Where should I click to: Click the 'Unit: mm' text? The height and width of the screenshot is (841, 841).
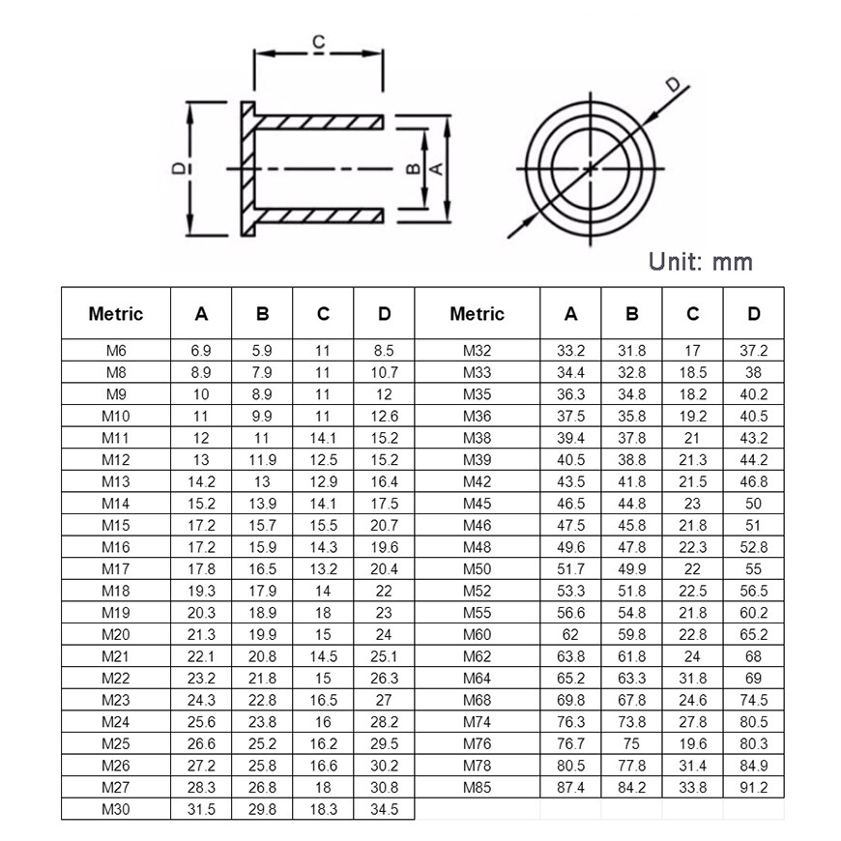click(x=701, y=261)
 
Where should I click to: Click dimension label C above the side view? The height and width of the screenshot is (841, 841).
click(x=318, y=43)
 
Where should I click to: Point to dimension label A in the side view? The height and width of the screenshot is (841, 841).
click(x=436, y=168)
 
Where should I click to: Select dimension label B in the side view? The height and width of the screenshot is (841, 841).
click(x=412, y=168)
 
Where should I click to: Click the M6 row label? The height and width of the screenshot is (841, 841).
click(x=115, y=351)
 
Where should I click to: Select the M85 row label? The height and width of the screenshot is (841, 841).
click(x=477, y=787)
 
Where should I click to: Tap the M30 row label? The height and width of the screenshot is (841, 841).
click(x=115, y=809)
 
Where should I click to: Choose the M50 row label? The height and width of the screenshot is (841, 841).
click(x=477, y=569)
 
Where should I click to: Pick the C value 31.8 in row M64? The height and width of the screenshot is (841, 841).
click(x=692, y=678)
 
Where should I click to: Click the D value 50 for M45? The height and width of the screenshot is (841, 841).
click(x=753, y=504)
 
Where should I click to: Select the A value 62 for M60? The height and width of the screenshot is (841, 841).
click(x=570, y=634)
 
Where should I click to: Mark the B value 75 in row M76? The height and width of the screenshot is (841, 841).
click(x=631, y=743)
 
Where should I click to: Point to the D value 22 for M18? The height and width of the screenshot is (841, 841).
click(x=384, y=591)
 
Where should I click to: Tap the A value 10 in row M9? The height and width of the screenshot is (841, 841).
click(x=201, y=394)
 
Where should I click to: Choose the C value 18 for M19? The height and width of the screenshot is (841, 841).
click(x=323, y=613)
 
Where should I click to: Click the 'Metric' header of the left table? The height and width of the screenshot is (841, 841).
click(x=115, y=313)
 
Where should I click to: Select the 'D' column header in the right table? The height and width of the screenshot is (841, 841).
click(x=753, y=313)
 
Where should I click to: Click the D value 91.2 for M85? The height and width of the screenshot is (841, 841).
click(x=753, y=787)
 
